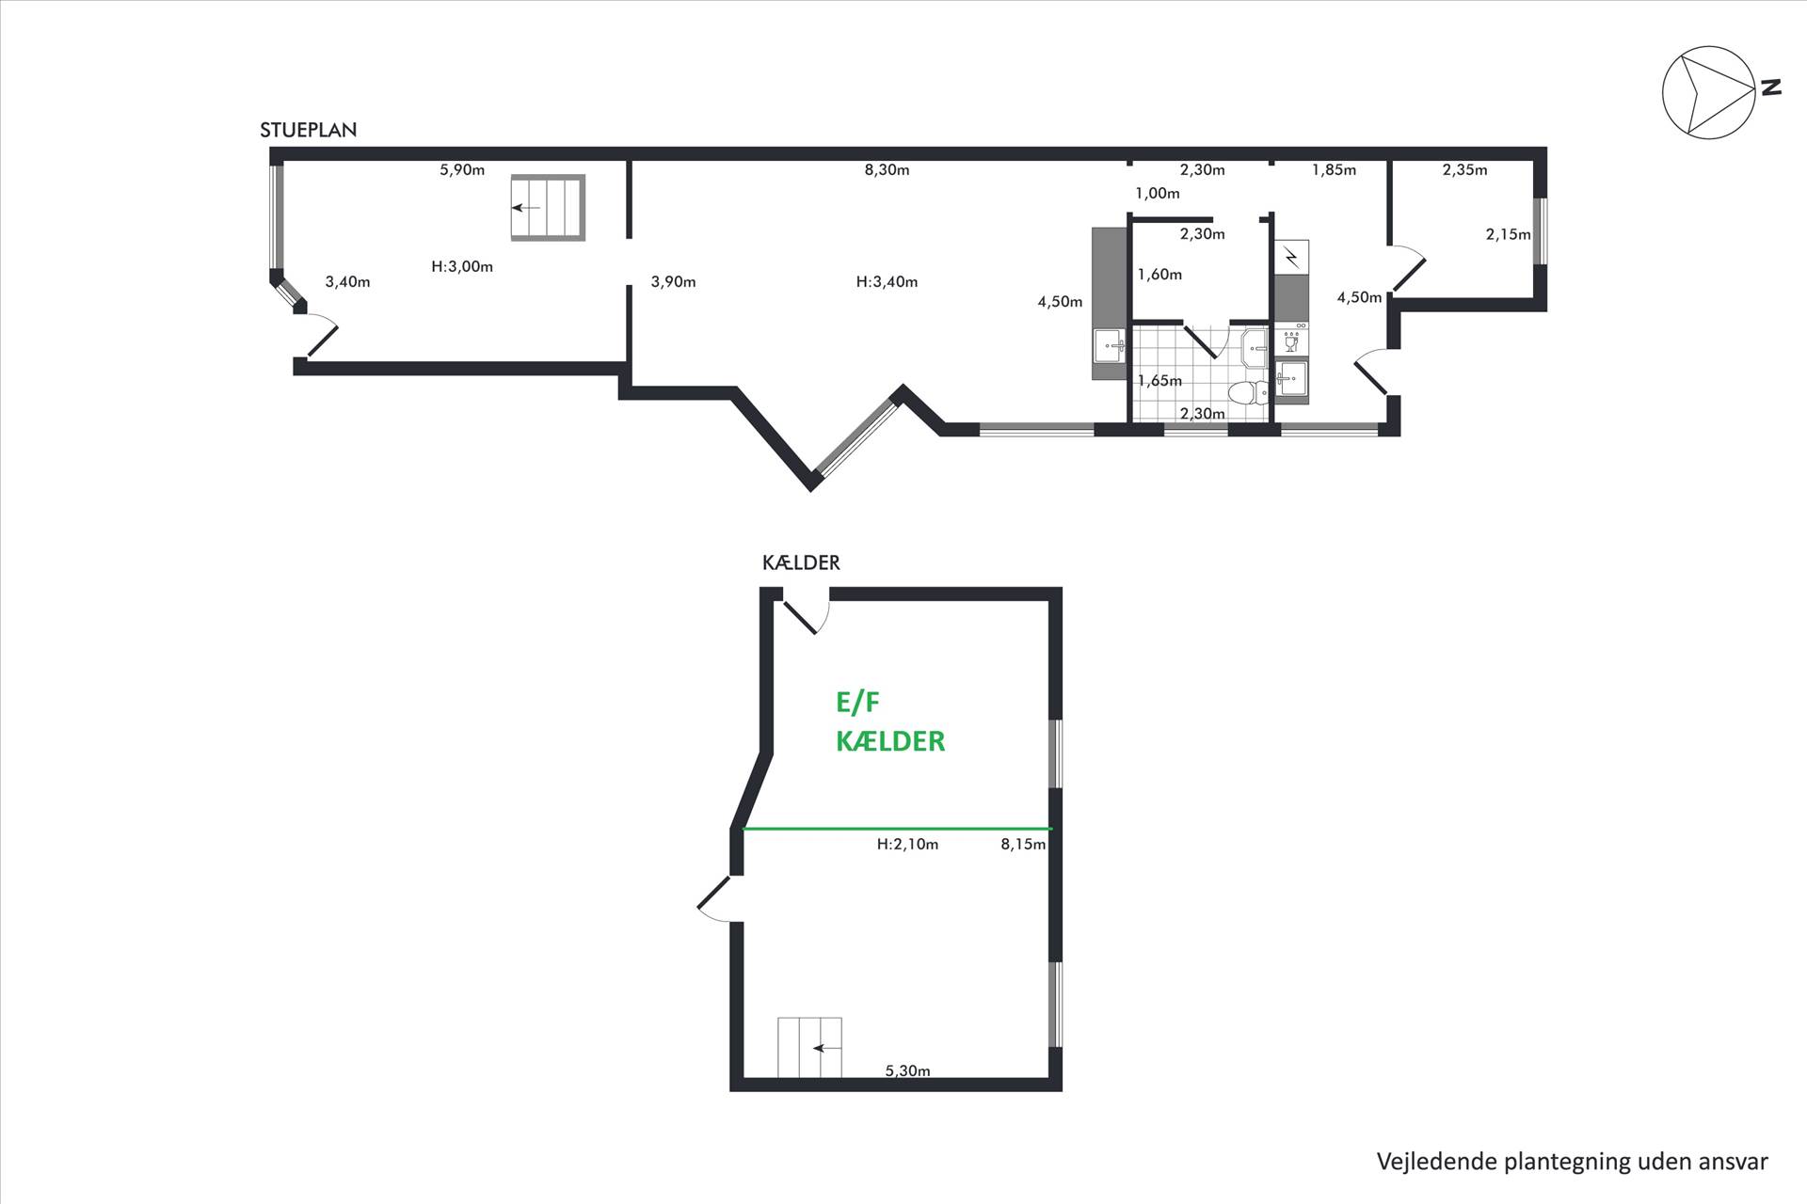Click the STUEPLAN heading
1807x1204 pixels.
[309, 131]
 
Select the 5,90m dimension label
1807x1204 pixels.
[462, 170]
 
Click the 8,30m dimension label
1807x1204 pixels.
[887, 170]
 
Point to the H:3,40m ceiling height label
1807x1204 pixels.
[887, 281]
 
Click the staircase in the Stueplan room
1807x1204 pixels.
[548, 208]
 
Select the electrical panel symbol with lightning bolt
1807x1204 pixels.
[1291, 257]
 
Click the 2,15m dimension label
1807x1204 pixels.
[1508, 234]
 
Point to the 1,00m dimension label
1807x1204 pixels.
[1157, 194]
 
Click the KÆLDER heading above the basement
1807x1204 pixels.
[801, 562]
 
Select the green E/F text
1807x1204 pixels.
[857, 703]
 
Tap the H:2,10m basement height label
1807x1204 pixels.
[907, 845]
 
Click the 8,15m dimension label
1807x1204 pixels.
[1023, 845]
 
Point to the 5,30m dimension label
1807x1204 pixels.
[907, 1070]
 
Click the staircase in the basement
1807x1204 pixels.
[809, 1048]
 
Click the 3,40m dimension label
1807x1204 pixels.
[347, 281]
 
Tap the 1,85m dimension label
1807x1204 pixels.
[1334, 170]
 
